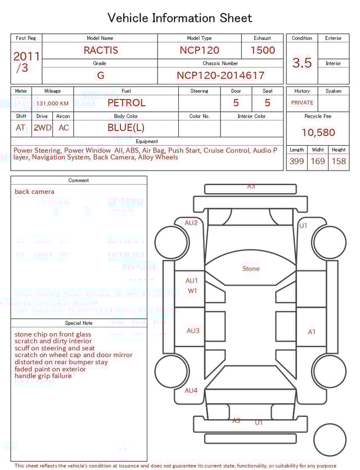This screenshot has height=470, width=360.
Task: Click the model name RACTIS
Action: coord(101,50)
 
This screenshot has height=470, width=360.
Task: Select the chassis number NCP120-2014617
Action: coord(220,75)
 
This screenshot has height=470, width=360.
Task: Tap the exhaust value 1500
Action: coord(263,50)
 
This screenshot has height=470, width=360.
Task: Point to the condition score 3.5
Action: coord(302,62)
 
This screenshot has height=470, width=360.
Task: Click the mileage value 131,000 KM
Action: coord(53,104)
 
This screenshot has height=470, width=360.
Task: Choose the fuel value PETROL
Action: coord(126,103)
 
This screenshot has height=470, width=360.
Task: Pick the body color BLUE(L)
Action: coord(126,127)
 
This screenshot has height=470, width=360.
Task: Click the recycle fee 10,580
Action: coord(318,133)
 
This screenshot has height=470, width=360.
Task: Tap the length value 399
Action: coord(296,161)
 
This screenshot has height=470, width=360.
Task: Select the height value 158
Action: coord(339,161)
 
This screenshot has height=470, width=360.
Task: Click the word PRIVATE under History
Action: coord(302,103)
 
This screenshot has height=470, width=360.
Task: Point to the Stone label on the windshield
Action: coord(251,268)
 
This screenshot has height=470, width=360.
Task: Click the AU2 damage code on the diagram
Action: coord(191,223)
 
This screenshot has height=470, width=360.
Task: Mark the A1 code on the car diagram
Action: coord(312,332)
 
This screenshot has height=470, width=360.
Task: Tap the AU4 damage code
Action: coord(191,390)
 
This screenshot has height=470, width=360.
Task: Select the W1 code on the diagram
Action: coord(192,291)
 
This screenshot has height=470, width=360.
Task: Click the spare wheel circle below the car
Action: coord(330,440)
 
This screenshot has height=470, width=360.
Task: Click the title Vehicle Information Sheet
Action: coord(180,18)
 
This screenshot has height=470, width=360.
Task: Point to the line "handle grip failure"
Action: coord(43,375)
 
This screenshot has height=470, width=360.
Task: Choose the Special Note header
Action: coord(79,323)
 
